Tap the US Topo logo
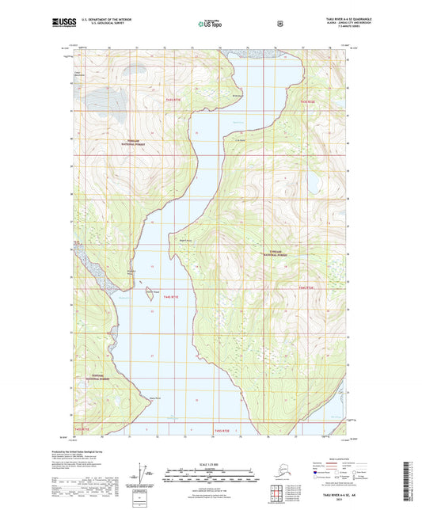point(210,25)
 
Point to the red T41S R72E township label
point(307,102)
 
